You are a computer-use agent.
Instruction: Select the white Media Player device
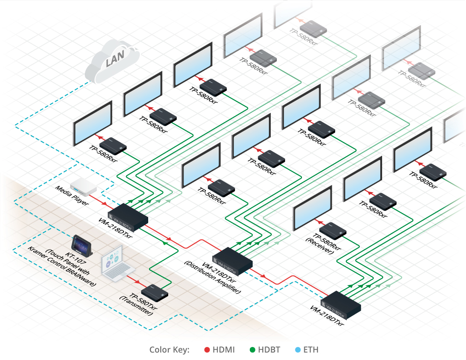pyautogui.click(x=83, y=187)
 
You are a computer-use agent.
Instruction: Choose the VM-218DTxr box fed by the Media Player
pyautogui.click(x=128, y=215)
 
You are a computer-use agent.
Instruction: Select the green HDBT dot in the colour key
pyautogui.click(x=252, y=349)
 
